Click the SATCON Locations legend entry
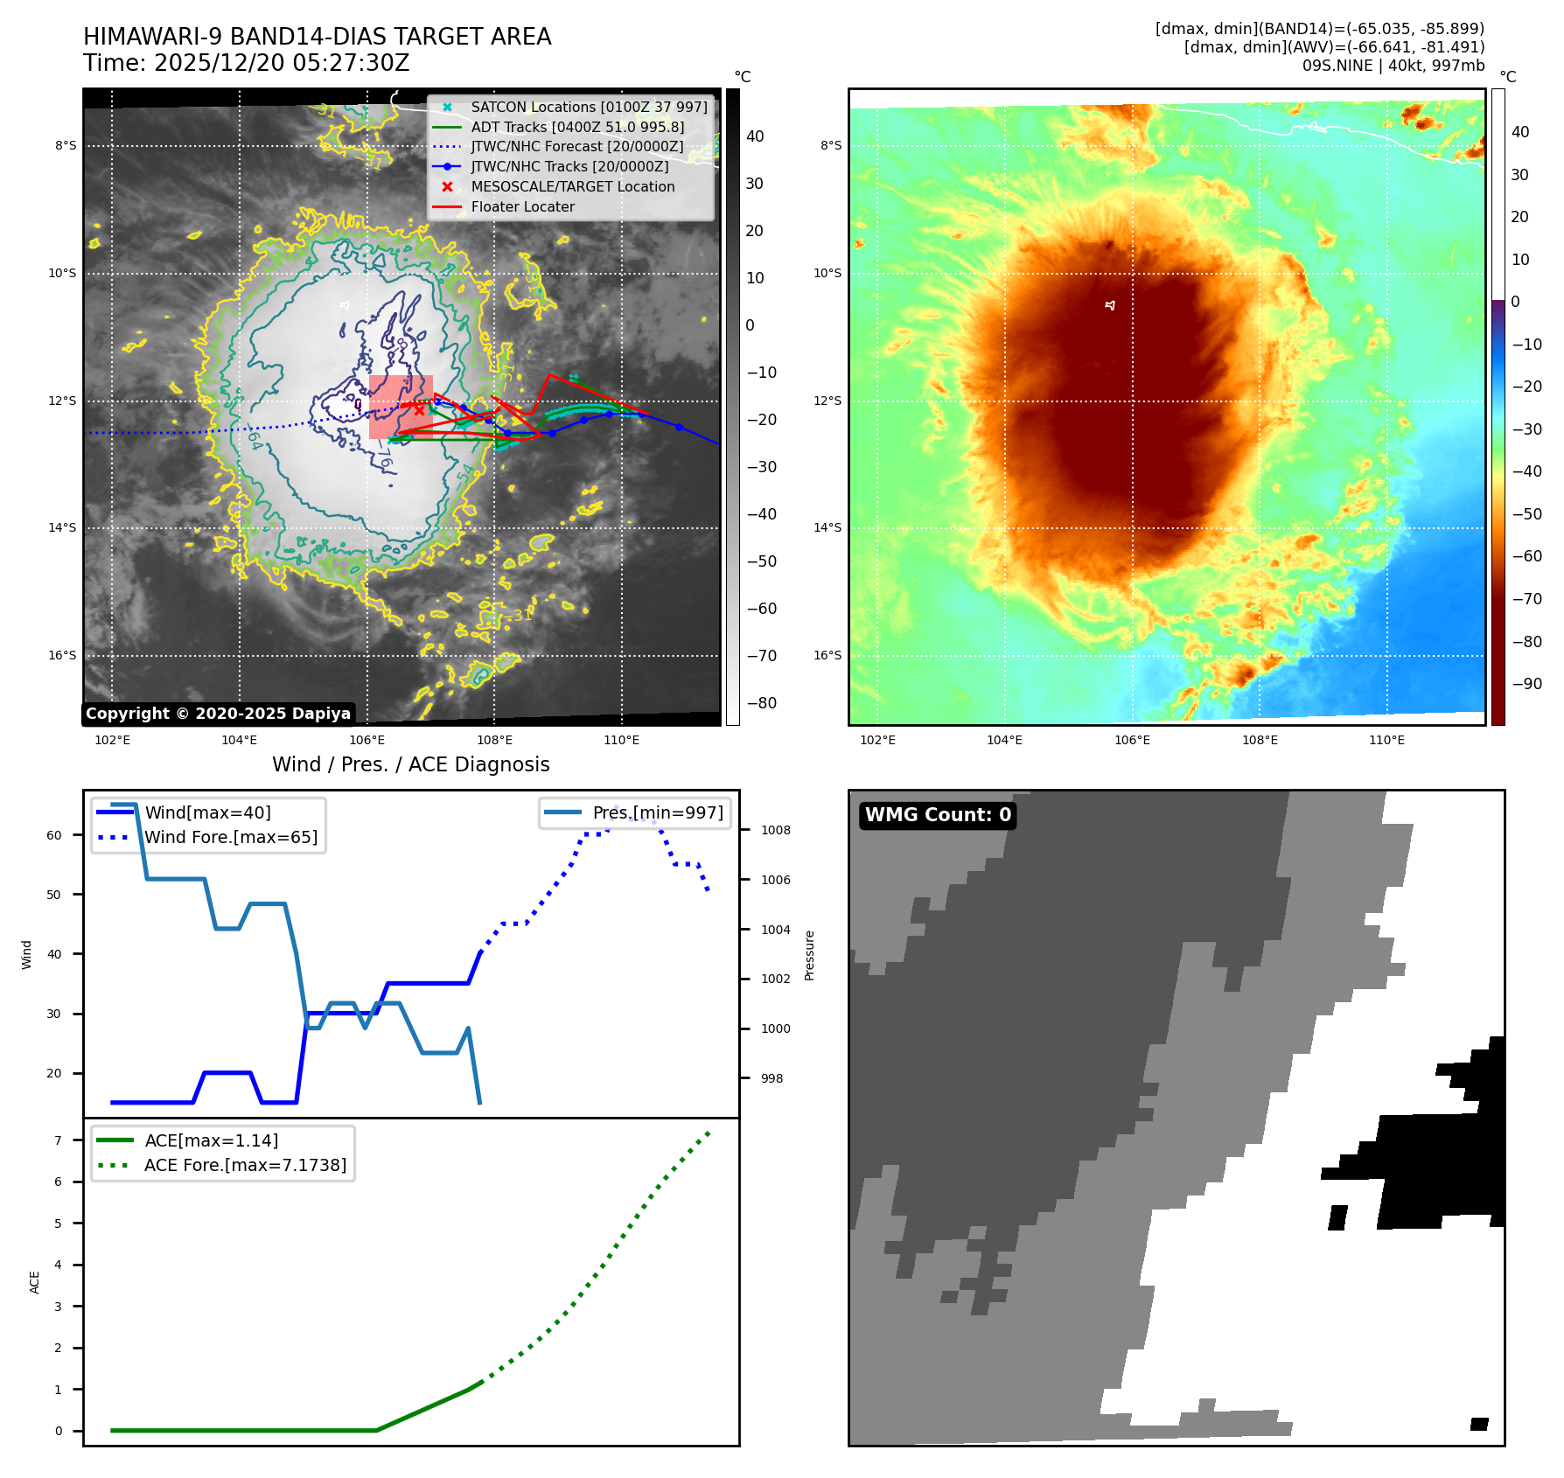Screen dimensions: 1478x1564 pos(589,107)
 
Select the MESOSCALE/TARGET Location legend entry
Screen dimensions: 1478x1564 pos(573,186)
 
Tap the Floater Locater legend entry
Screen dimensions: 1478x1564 pos(522,206)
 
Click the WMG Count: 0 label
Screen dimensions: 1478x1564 pos(938,815)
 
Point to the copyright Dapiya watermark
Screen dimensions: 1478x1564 pos(218,714)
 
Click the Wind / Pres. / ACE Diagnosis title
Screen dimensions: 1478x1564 pos(411,764)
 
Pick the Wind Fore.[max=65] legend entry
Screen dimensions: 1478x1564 pos(231,837)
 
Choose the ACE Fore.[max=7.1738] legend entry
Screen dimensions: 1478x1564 pos(245,1165)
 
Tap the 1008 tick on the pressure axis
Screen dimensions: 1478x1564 pos(775,830)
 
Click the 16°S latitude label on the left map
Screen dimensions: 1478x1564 pos(62,655)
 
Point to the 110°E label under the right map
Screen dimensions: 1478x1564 pos(1386,740)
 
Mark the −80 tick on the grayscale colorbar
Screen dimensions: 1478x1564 pos(761,703)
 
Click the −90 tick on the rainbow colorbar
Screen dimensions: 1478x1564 pos(1526,684)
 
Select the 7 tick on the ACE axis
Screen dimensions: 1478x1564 pos(59,1140)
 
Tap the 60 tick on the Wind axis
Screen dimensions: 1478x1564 pos(54,835)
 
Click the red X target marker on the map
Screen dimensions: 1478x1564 pos(419,409)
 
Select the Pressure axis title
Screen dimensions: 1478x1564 pos(810,955)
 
